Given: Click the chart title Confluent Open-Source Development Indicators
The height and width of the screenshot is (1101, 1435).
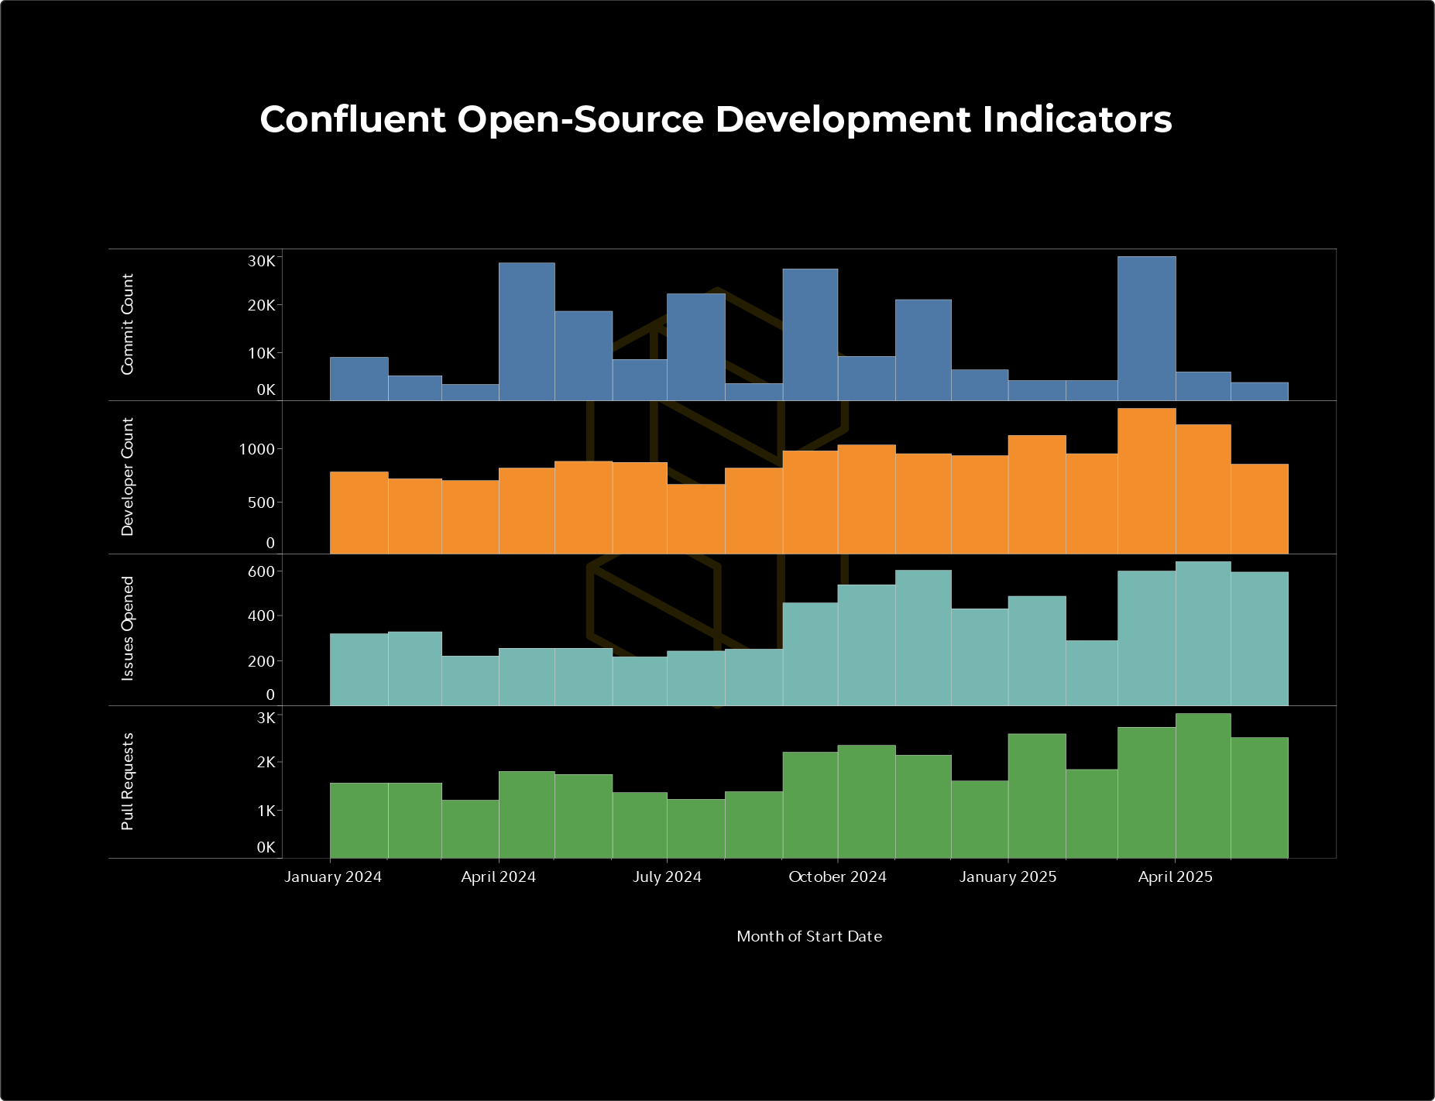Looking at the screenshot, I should tap(716, 119).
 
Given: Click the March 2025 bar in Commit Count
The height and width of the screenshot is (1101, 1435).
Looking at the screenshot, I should tap(1146, 328).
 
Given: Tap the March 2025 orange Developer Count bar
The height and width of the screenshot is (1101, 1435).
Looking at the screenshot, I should tap(1146, 481).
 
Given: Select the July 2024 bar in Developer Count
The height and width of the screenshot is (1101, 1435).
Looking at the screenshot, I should tap(695, 519).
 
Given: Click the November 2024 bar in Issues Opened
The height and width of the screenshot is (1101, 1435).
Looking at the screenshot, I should tap(923, 638).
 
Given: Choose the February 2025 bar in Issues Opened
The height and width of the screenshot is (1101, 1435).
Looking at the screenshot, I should tap(1091, 673).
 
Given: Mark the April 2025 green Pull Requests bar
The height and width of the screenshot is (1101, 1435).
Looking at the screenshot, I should tap(1203, 786).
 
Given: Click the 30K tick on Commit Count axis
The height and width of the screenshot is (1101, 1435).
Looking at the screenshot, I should tap(261, 262).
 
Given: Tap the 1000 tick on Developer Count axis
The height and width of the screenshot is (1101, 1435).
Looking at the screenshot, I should tap(256, 449).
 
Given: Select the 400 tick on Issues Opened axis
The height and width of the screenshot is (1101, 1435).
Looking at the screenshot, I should tap(261, 616).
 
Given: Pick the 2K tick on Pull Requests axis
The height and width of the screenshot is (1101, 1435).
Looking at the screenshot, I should tap(266, 763).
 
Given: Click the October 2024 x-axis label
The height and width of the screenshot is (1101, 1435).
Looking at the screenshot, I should tap(837, 877).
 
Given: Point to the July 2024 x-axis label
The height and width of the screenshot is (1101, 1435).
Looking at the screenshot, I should tap(667, 877).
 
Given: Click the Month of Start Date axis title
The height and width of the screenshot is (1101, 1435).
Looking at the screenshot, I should tap(809, 936).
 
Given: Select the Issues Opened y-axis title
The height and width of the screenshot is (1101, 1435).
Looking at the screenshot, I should tap(128, 629).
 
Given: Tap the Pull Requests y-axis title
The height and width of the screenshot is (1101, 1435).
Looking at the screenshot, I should tap(128, 781).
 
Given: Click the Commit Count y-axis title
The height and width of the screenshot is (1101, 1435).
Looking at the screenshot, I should tap(128, 324).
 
